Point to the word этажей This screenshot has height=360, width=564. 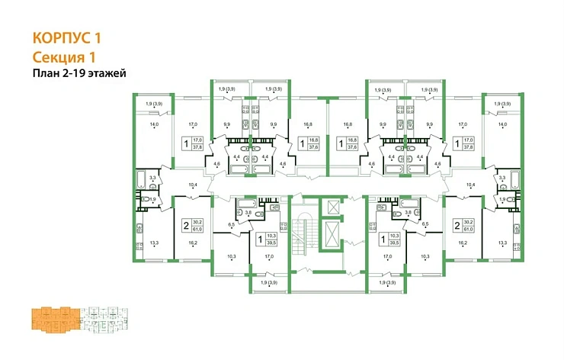(x=107, y=73)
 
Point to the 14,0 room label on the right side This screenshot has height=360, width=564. (x=502, y=124)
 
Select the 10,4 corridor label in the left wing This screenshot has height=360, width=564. (x=192, y=185)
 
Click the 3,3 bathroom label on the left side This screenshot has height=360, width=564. (x=152, y=178)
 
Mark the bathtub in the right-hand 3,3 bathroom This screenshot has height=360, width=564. (x=516, y=180)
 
